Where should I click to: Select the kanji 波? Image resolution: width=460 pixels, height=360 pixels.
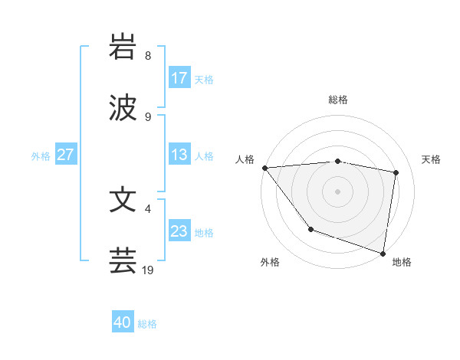point(123,107)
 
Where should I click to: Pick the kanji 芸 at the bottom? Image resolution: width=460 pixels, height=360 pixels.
point(123,260)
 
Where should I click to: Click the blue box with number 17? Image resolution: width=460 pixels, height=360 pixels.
point(179,78)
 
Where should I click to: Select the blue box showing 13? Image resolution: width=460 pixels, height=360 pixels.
point(179,155)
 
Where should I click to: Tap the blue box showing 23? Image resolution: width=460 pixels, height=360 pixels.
point(179,231)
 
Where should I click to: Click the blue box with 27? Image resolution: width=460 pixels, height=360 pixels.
point(65,155)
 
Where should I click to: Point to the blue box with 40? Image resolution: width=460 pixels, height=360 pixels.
point(123,323)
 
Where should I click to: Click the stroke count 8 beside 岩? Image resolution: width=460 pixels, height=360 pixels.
point(148,56)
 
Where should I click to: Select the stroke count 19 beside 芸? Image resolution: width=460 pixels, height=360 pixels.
point(149,270)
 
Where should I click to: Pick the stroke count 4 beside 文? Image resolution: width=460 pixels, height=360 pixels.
point(148,209)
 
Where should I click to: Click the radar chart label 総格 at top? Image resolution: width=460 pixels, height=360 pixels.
point(338,100)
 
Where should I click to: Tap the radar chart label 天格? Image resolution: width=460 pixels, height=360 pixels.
point(432,159)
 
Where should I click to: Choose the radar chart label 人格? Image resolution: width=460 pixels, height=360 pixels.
point(245,159)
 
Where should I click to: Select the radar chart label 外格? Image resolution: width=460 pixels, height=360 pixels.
point(270,262)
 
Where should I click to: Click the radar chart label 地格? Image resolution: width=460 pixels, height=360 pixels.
point(402,262)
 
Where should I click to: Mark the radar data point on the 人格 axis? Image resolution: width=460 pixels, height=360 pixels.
point(264,168)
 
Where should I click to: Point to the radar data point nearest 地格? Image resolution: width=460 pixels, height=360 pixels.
point(383,253)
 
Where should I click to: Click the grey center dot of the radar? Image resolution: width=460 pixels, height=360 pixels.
point(338,191)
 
